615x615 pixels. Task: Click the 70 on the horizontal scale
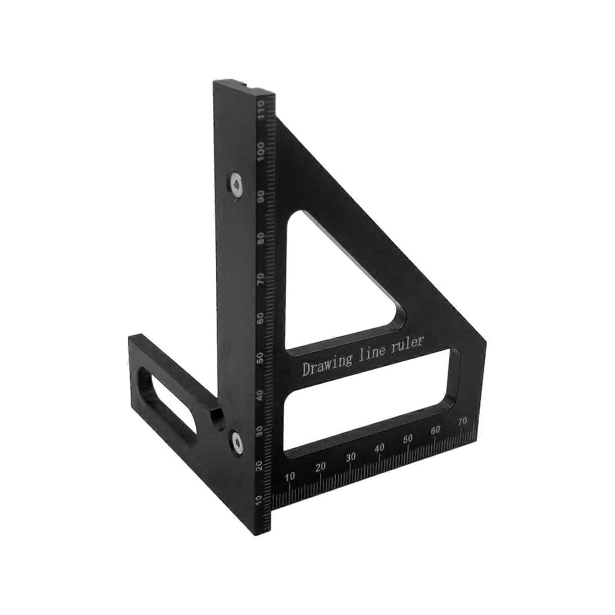462,422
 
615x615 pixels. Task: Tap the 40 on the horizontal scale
379,447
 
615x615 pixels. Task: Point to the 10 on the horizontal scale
290,477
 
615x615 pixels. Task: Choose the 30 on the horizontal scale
351,457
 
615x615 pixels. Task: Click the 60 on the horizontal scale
435,430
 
